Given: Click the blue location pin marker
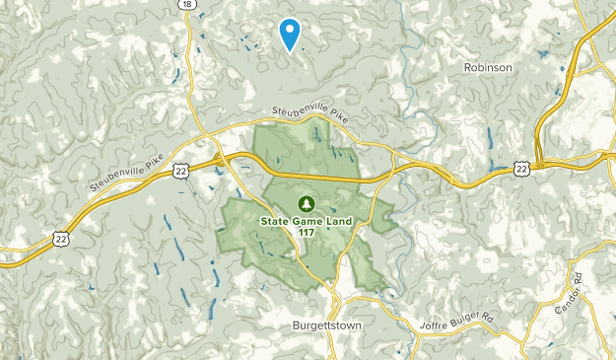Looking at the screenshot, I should pos(290,34).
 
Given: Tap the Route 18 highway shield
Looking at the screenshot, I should pos(186,4).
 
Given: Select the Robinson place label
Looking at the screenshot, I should pos(487,67).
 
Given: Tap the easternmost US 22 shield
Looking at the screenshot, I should pos(521,170).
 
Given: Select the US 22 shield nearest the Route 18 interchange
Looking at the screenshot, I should pos(180,171).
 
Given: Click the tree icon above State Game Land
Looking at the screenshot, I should pos(307,203).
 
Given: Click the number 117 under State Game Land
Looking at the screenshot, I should pos(307,233).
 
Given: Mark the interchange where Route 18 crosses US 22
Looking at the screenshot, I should pos(218,158).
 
